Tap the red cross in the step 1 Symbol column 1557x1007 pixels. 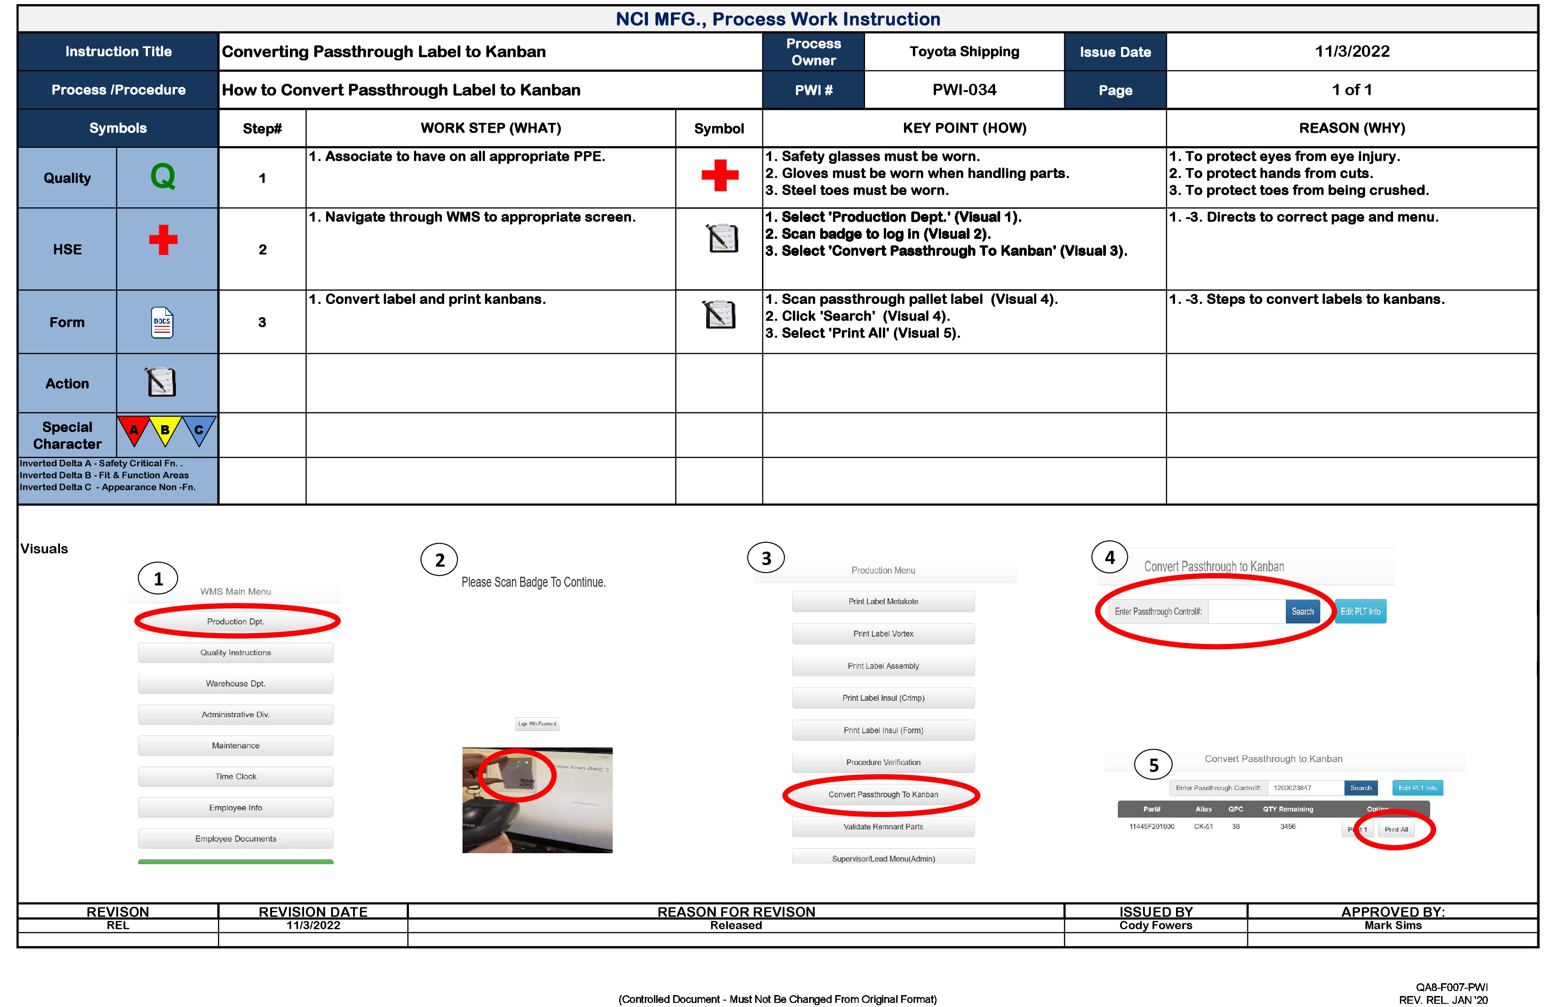pos(719,175)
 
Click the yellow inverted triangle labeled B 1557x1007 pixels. pos(165,430)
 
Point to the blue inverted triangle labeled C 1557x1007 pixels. pos(199,430)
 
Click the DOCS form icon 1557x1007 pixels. pos(162,322)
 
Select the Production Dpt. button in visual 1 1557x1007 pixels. pos(235,621)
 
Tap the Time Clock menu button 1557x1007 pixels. pos(235,776)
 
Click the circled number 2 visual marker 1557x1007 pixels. pos(440,560)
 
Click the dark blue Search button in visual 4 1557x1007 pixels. pos(1302,612)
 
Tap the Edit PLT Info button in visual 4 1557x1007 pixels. pos(1360,612)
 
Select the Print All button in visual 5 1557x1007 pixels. pos(1396,829)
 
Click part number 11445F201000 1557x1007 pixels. pos(1151,827)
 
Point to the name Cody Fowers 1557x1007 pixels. pos(1155,925)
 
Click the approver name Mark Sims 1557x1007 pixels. pos(1393,925)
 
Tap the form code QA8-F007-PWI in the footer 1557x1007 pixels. pos(1452,987)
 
